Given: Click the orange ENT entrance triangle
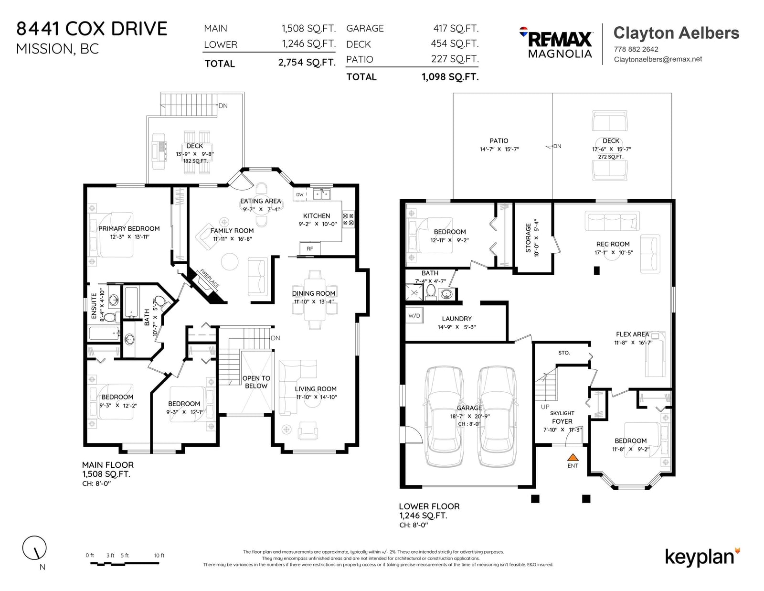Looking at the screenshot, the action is (x=573, y=457).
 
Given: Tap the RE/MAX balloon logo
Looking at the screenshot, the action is (x=523, y=32).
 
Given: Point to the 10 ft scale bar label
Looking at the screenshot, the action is (x=159, y=556).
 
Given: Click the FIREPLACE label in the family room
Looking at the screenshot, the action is (x=210, y=279).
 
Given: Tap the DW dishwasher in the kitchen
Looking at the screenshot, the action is (x=300, y=194).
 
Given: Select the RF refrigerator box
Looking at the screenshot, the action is (x=310, y=248).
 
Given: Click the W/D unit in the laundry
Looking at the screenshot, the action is (x=414, y=315).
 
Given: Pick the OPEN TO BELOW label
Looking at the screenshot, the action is (x=256, y=382).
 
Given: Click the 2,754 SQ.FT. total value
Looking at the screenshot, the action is (x=307, y=63).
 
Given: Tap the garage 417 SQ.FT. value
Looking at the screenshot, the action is (x=456, y=28).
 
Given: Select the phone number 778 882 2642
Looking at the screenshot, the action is (x=636, y=49).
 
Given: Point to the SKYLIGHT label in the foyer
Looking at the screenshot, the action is (x=562, y=413).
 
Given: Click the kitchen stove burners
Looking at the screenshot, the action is (x=348, y=219).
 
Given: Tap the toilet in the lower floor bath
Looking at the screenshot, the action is (x=431, y=292).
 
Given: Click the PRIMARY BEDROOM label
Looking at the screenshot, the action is (x=129, y=229).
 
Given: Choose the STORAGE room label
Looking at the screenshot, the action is (x=528, y=238).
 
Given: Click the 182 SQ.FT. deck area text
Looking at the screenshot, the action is (x=195, y=161).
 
